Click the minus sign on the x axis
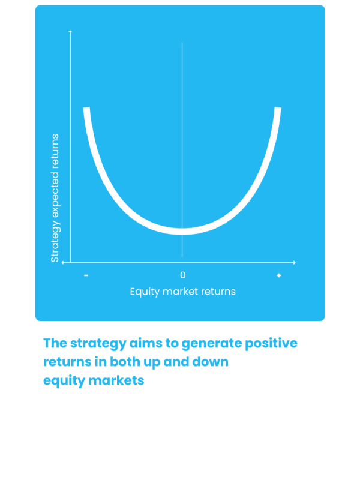(86, 275)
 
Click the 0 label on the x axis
(183, 275)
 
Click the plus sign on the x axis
(278, 275)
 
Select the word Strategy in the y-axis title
(55, 241)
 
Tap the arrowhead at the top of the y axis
(70, 31)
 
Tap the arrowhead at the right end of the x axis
(294, 262)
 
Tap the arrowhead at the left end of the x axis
(63, 262)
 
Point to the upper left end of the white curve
(86, 108)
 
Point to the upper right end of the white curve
(278, 108)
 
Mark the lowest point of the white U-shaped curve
(182, 232)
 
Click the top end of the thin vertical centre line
(182, 43)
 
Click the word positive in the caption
(271, 343)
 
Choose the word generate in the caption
(211, 344)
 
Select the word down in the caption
(211, 362)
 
